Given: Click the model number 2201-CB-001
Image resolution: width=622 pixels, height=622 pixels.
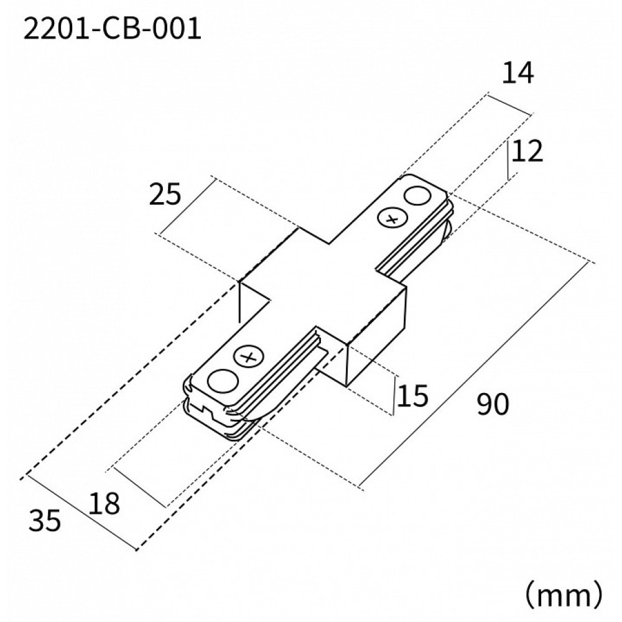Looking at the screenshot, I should click(x=112, y=29).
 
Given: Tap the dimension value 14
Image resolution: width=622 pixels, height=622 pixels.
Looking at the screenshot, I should click(x=518, y=73).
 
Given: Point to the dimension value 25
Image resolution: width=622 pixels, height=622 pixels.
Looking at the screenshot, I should click(x=165, y=195).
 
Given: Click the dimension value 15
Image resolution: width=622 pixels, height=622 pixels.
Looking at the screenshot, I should click(x=413, y=396).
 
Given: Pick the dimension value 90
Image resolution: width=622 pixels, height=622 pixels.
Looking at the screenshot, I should click(x=493, y=406).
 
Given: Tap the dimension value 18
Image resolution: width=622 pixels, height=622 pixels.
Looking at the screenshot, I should click(x=104, y=503).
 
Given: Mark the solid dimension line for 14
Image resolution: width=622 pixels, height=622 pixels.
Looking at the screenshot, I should click(x=510, y=104).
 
